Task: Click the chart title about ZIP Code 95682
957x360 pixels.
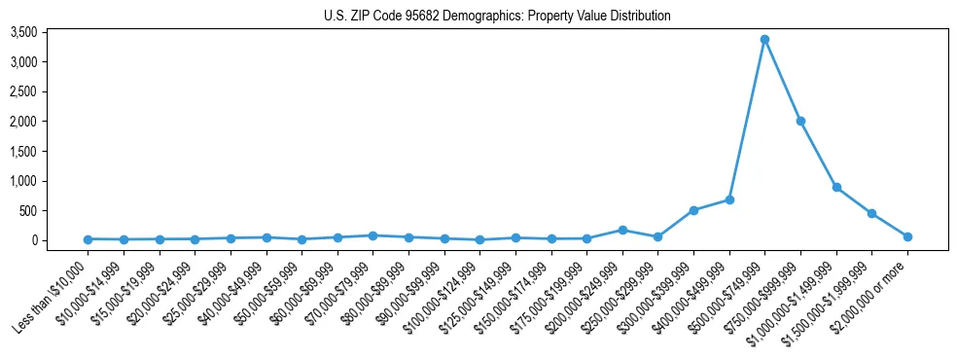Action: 497,17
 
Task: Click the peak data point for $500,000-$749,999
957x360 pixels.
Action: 764,40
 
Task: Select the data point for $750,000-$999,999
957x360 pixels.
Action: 800,122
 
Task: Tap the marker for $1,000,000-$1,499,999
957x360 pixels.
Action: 836,188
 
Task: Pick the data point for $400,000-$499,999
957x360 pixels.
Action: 729,199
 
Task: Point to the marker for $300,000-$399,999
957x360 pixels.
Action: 693,210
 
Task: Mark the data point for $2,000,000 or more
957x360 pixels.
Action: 907,236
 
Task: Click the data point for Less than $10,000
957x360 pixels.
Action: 88,239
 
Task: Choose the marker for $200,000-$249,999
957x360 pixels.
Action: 622,231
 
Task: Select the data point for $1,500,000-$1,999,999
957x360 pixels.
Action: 871,213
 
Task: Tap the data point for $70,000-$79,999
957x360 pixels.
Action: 372,235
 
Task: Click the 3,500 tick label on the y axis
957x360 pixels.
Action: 51,32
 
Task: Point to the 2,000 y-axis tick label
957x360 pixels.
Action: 51,122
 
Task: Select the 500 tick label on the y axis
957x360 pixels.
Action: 56,210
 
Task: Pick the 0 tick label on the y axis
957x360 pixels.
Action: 60,240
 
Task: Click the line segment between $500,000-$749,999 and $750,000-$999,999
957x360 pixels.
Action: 783,81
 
